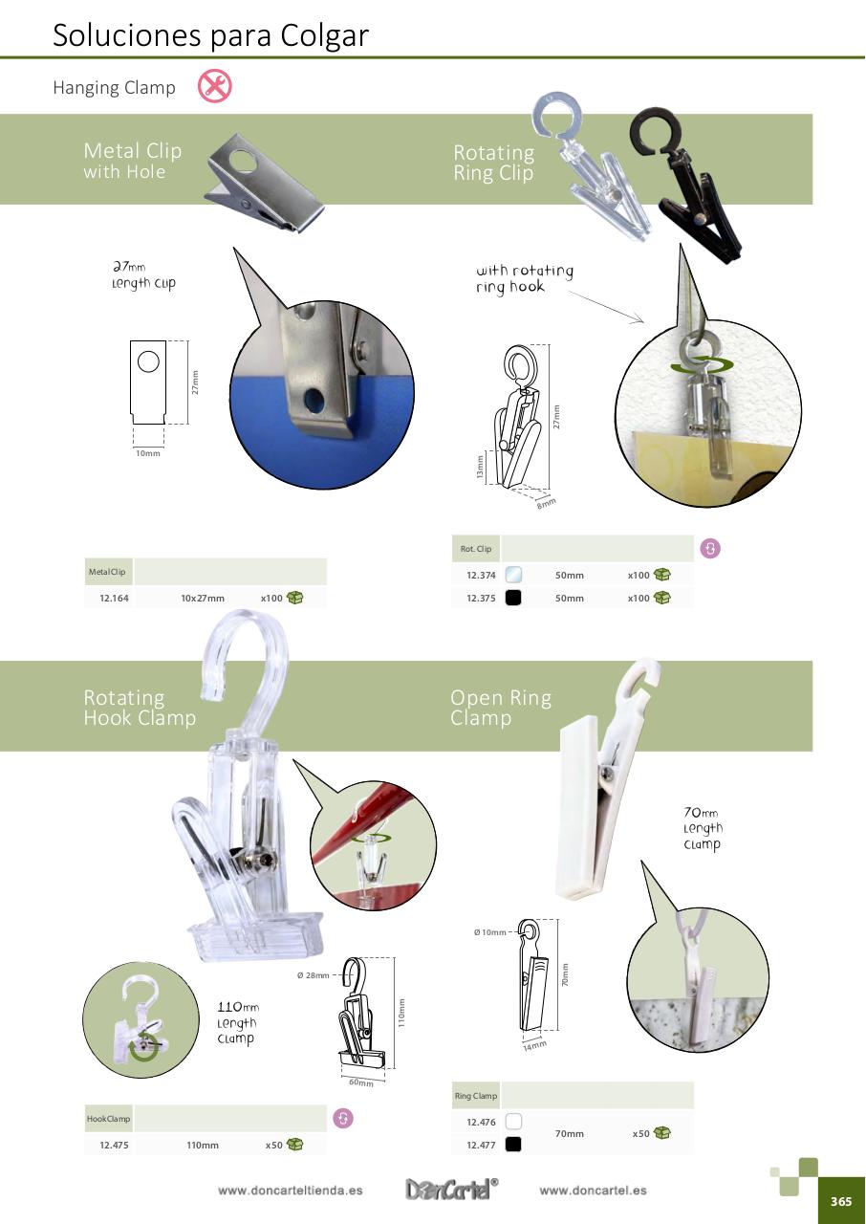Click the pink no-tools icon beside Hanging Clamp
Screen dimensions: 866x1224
pos(215,86)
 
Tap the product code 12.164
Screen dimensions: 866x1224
pos(114,599)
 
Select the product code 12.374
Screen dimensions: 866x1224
pos(481,576)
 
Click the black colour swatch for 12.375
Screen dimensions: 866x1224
pos(513,598)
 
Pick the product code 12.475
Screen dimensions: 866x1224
pos(114,1145)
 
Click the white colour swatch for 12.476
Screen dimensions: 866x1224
pos(513,1122)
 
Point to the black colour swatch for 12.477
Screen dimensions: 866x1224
pos(513,1145)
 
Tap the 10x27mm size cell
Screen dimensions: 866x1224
pos(203,599)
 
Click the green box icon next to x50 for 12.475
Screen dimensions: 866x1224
pos(294,1144)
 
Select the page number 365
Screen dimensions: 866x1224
pos(841,1201)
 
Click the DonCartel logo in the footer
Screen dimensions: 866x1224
pos(451,1189)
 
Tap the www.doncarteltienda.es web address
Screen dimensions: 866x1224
pos(290,1191)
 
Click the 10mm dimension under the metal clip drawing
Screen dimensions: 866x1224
pos(148,453)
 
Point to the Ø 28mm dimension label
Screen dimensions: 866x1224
pos(313,975)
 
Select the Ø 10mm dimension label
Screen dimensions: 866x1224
pos(489,932)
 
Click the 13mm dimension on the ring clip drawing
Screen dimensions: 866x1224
pos(480,468)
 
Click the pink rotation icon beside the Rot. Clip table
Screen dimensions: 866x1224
pos(710,548)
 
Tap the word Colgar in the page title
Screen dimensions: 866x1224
pos(325,36)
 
